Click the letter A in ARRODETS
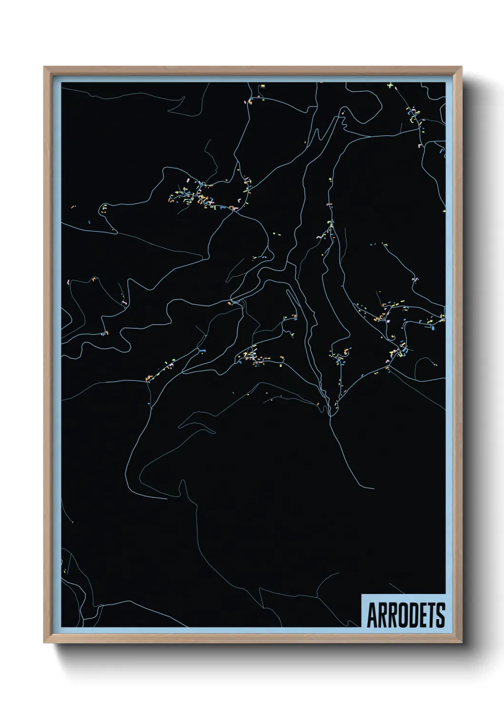coord(371,615)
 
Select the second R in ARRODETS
coord(392,615)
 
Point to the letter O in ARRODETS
coord(402,615)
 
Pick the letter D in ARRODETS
coord(413,615)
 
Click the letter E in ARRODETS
coord(422,615)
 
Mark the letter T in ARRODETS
coord(431,615)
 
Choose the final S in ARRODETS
coord(440,615)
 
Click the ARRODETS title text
coord(405,615)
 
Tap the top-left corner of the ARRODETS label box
coord(362,594)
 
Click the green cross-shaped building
coord(390,86)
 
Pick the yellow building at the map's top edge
coord(262,86)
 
